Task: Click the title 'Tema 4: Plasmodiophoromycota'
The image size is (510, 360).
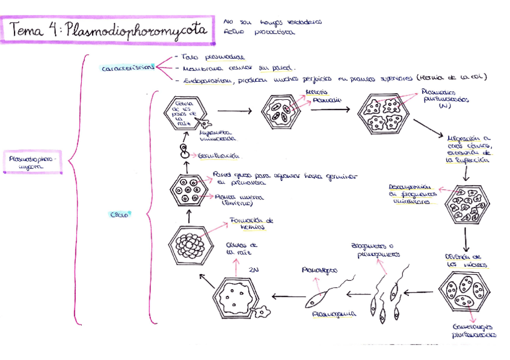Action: [108, 30]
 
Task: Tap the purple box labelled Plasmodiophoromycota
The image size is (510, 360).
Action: [33, 163]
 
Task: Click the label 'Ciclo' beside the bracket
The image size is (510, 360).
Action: [118, 214]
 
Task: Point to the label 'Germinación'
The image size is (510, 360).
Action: [219, 155]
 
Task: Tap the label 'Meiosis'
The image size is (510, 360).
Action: [316, 92]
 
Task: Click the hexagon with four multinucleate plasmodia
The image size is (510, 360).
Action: [382, 114]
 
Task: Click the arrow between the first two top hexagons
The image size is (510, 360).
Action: [234, 111]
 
